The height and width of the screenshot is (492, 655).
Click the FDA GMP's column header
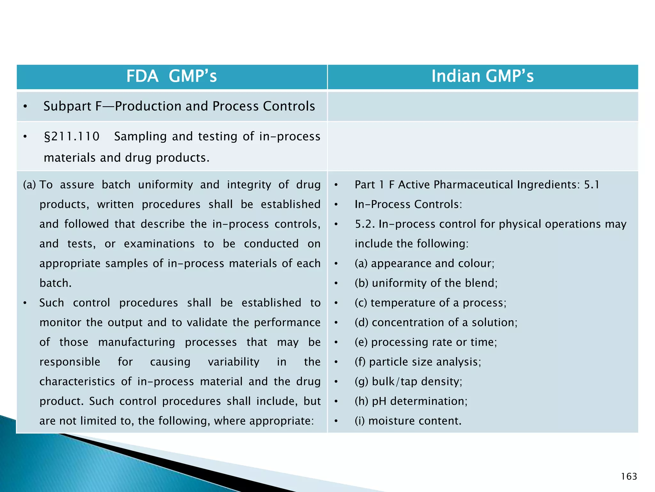point(171,77)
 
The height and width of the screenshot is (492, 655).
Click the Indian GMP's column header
point(482,77)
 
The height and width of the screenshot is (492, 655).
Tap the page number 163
point(629,477)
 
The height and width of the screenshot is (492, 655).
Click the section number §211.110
point(72,136)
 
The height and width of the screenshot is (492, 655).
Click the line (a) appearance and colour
point(424,263)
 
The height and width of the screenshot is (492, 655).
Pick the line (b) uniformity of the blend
point(426,283)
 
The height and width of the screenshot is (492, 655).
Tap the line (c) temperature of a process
point(430,303)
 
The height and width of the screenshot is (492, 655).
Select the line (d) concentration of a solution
point(436,323)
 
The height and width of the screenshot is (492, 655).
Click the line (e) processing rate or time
point(426,342)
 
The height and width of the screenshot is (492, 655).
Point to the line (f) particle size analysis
point(418,362)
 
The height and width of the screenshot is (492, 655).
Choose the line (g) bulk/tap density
point(408,381)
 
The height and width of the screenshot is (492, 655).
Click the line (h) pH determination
point(411,401)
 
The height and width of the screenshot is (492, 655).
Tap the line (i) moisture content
point(408,421)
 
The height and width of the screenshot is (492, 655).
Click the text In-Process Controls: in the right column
point(408,204)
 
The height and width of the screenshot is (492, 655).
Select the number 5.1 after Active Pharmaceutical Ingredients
point(591,185)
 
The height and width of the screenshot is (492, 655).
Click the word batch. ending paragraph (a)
point(56,283)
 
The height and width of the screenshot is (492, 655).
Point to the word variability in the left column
point(233,362)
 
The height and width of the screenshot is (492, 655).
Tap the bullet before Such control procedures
point(25,303)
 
